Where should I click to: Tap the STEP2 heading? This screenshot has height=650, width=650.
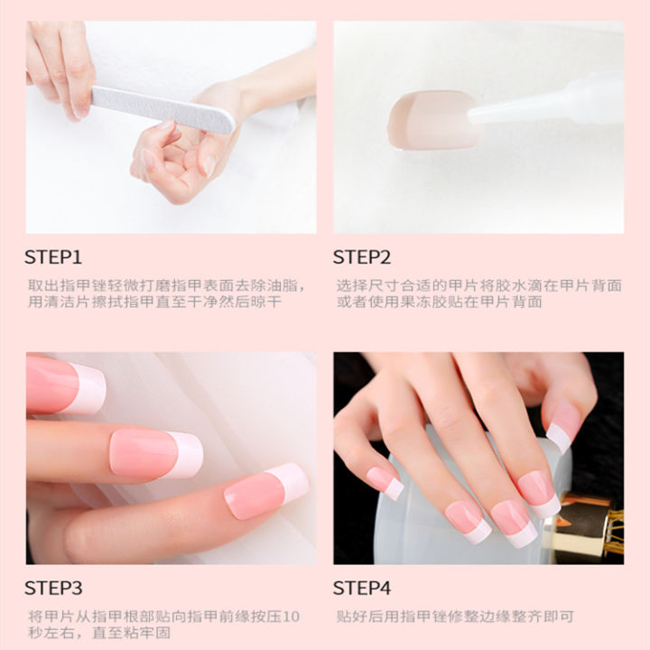click(362, 257)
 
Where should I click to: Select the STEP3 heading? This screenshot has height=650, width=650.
click(53, 589)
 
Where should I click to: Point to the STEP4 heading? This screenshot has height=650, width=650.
click(362, 589)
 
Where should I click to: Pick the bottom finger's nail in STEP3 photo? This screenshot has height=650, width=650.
click(265, 491)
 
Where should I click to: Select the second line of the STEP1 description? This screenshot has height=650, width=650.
click(153, 302)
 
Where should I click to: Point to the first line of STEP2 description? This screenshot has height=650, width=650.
click(478, 285)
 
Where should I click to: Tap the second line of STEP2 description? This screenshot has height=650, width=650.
click(439, 302)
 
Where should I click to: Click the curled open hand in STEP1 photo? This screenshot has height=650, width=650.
click(181, 153)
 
